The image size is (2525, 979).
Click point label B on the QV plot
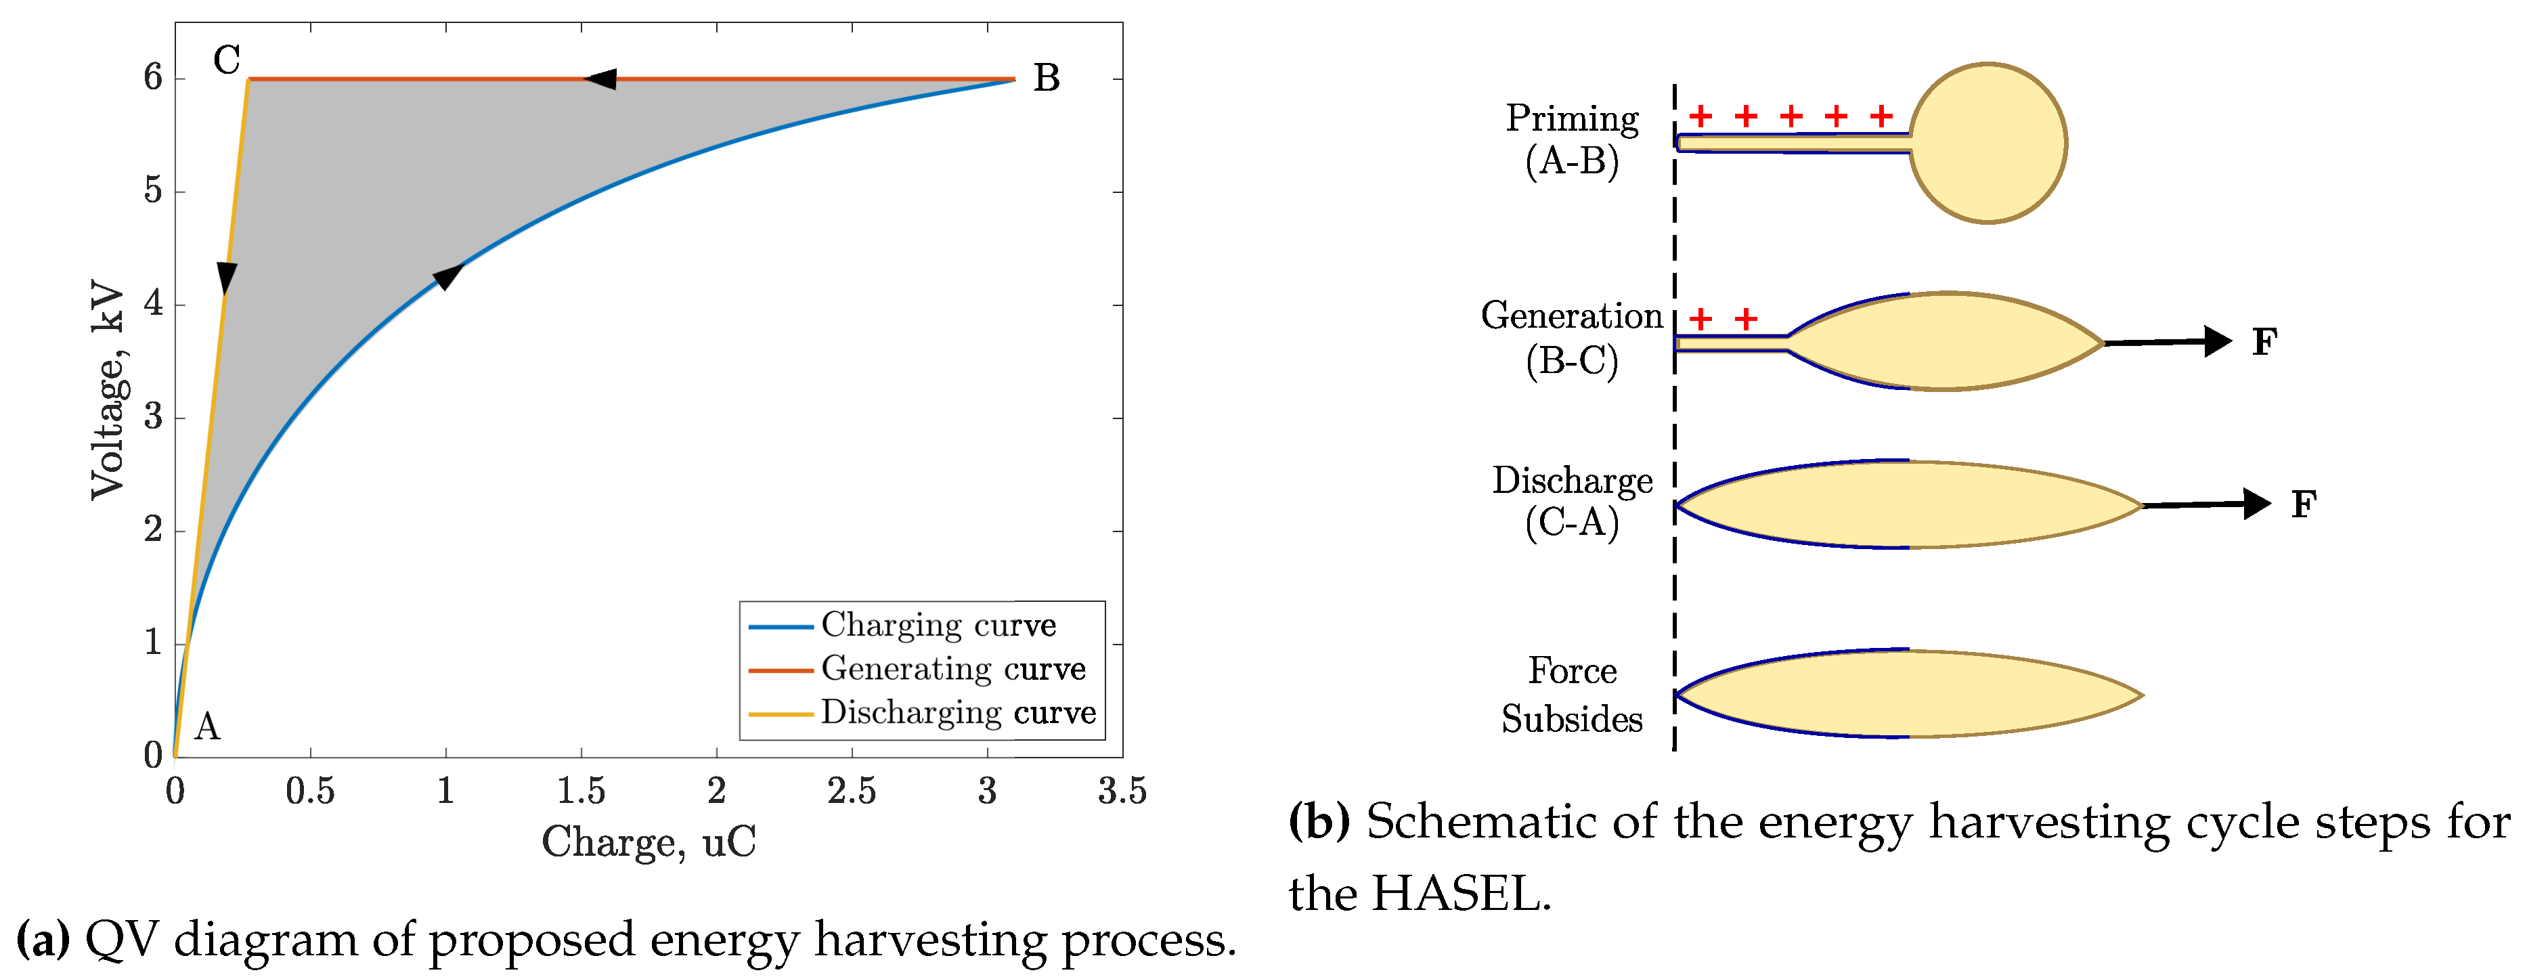pos(1046,79)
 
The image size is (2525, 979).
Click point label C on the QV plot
pos(226,60)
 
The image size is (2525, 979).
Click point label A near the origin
pos(207,727)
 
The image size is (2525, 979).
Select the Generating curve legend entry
pos(952,668)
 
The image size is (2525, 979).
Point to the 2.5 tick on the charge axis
pos(851,791)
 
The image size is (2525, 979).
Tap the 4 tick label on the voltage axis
pos(153,304)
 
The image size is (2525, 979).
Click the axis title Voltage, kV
pos(107,391)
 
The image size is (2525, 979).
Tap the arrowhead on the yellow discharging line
pos(226,278)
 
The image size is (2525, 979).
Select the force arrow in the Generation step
pos(2167,342)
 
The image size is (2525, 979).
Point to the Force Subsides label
pos(1571,695)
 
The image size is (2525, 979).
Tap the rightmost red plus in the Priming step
pos(1880,116)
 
